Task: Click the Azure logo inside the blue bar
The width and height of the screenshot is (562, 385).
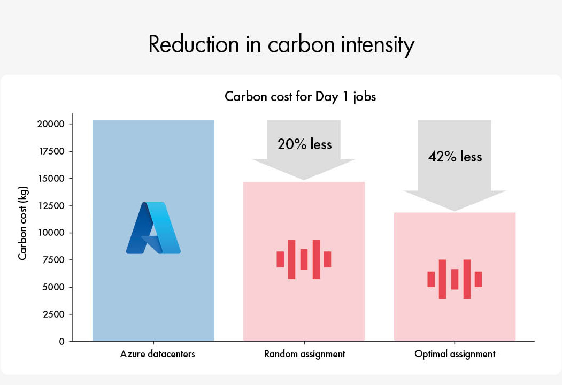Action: coord(153,228)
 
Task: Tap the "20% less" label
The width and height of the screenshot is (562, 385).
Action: coord(305,144)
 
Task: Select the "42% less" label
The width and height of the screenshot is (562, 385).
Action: coord(455,156)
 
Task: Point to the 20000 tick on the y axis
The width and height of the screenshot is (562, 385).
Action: coord(51,124)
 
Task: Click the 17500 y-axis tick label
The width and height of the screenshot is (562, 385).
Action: coord(52,151)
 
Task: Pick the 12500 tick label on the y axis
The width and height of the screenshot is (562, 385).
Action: coord(52,206)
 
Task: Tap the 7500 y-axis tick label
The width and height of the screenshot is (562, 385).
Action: coord(53,260)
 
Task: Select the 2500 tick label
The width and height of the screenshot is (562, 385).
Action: coord(53,314)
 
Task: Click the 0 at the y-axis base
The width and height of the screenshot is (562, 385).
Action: coord(61,342)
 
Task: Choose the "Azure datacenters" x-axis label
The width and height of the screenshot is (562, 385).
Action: coord(157,354)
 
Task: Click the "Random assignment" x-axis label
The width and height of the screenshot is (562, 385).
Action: coord(305,354)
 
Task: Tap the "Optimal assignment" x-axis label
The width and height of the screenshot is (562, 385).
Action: coord(455,354)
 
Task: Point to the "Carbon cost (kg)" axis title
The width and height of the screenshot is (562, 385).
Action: coord(22,223)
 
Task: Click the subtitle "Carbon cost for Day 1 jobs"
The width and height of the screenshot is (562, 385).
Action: coord(301,97)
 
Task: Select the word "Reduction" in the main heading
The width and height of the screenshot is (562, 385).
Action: coord(194,44)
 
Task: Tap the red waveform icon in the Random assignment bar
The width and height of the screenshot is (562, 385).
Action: coord(304,259)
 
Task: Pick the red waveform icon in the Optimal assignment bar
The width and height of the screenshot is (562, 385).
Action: coord(455,279)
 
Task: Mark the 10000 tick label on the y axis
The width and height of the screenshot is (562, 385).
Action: coord(52,233)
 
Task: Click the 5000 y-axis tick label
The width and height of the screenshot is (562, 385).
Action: coord(53,287)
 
